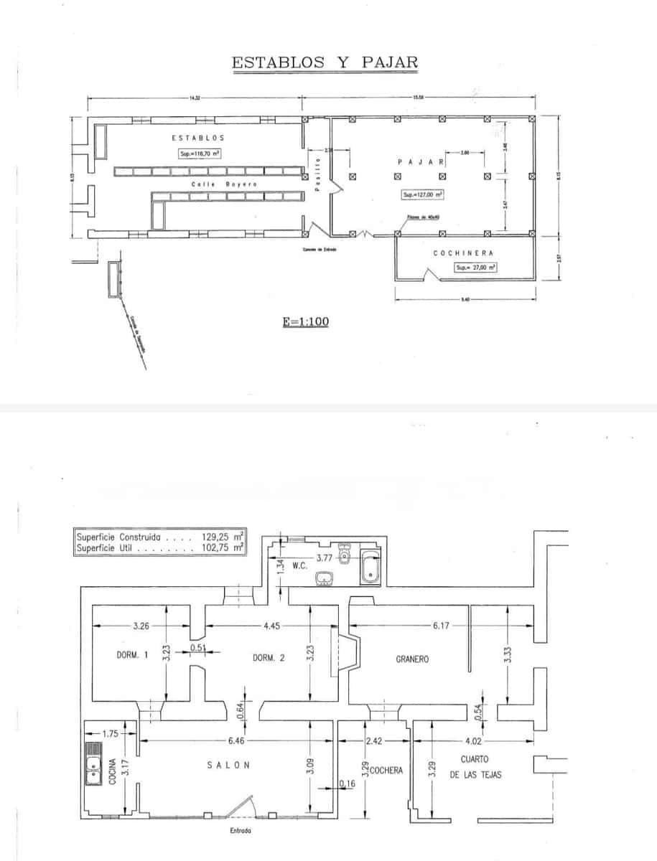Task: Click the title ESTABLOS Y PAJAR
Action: point(325,62)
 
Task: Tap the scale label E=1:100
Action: point(306,321)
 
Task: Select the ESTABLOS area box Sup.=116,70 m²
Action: point(199,153)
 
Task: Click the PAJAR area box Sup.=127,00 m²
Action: point(423,194)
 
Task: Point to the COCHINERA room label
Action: point(463,253)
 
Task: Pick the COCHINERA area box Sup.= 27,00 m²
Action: point(476,268)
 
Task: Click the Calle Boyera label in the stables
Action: point(224,184)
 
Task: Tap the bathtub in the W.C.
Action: point(371,565)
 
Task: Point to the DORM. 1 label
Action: point(132,654)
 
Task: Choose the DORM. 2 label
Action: point(269,656)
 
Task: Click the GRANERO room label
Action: point(412,659)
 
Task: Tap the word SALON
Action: point(228,766)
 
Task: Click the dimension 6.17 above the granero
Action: point(441,626)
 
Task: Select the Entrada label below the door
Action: point(241,831)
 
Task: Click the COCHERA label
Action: point(386,771)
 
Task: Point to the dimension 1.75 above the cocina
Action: point(110,734)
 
